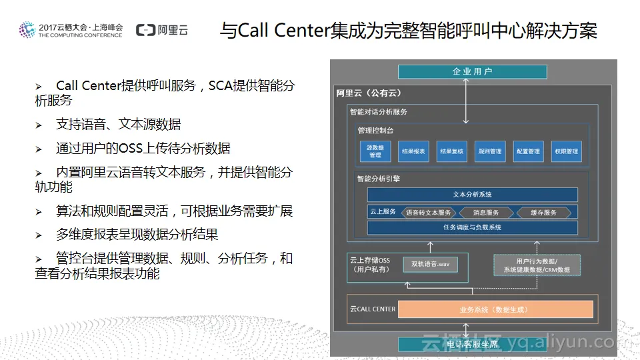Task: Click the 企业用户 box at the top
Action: pyautogui.click(x=472, y=72)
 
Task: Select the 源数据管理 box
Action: pyautogui.click(x=375, y=151)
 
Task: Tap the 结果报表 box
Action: pyautogui.click(x=413, y=151)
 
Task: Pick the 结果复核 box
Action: pyautogui.click(x=451, y=151)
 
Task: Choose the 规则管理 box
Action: pyautogui.click(x=490, y=151)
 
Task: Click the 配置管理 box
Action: pyautogui.click(x=528, y=151)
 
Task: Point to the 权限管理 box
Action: pyautogui.click(x=566, y=151)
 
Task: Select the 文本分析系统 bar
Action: pyautogui.click(x=472, y=195)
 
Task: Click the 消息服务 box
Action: pyautogui.click(x=486, y=213)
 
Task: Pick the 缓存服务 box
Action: pyautogui.click(x=543, y=213)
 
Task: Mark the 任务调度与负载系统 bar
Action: pyautogui.click(x=472, y=228)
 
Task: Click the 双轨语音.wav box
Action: pyautogui.click(x=430, y=265)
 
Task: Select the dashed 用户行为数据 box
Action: pyautogui.click(x=537, y=265)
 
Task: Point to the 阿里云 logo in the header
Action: pyautogui.click(x=162, y=30)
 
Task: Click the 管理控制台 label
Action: pyautogui.click(x=375, y=130)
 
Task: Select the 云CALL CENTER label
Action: pyautogui.click(x=373, y=309)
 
